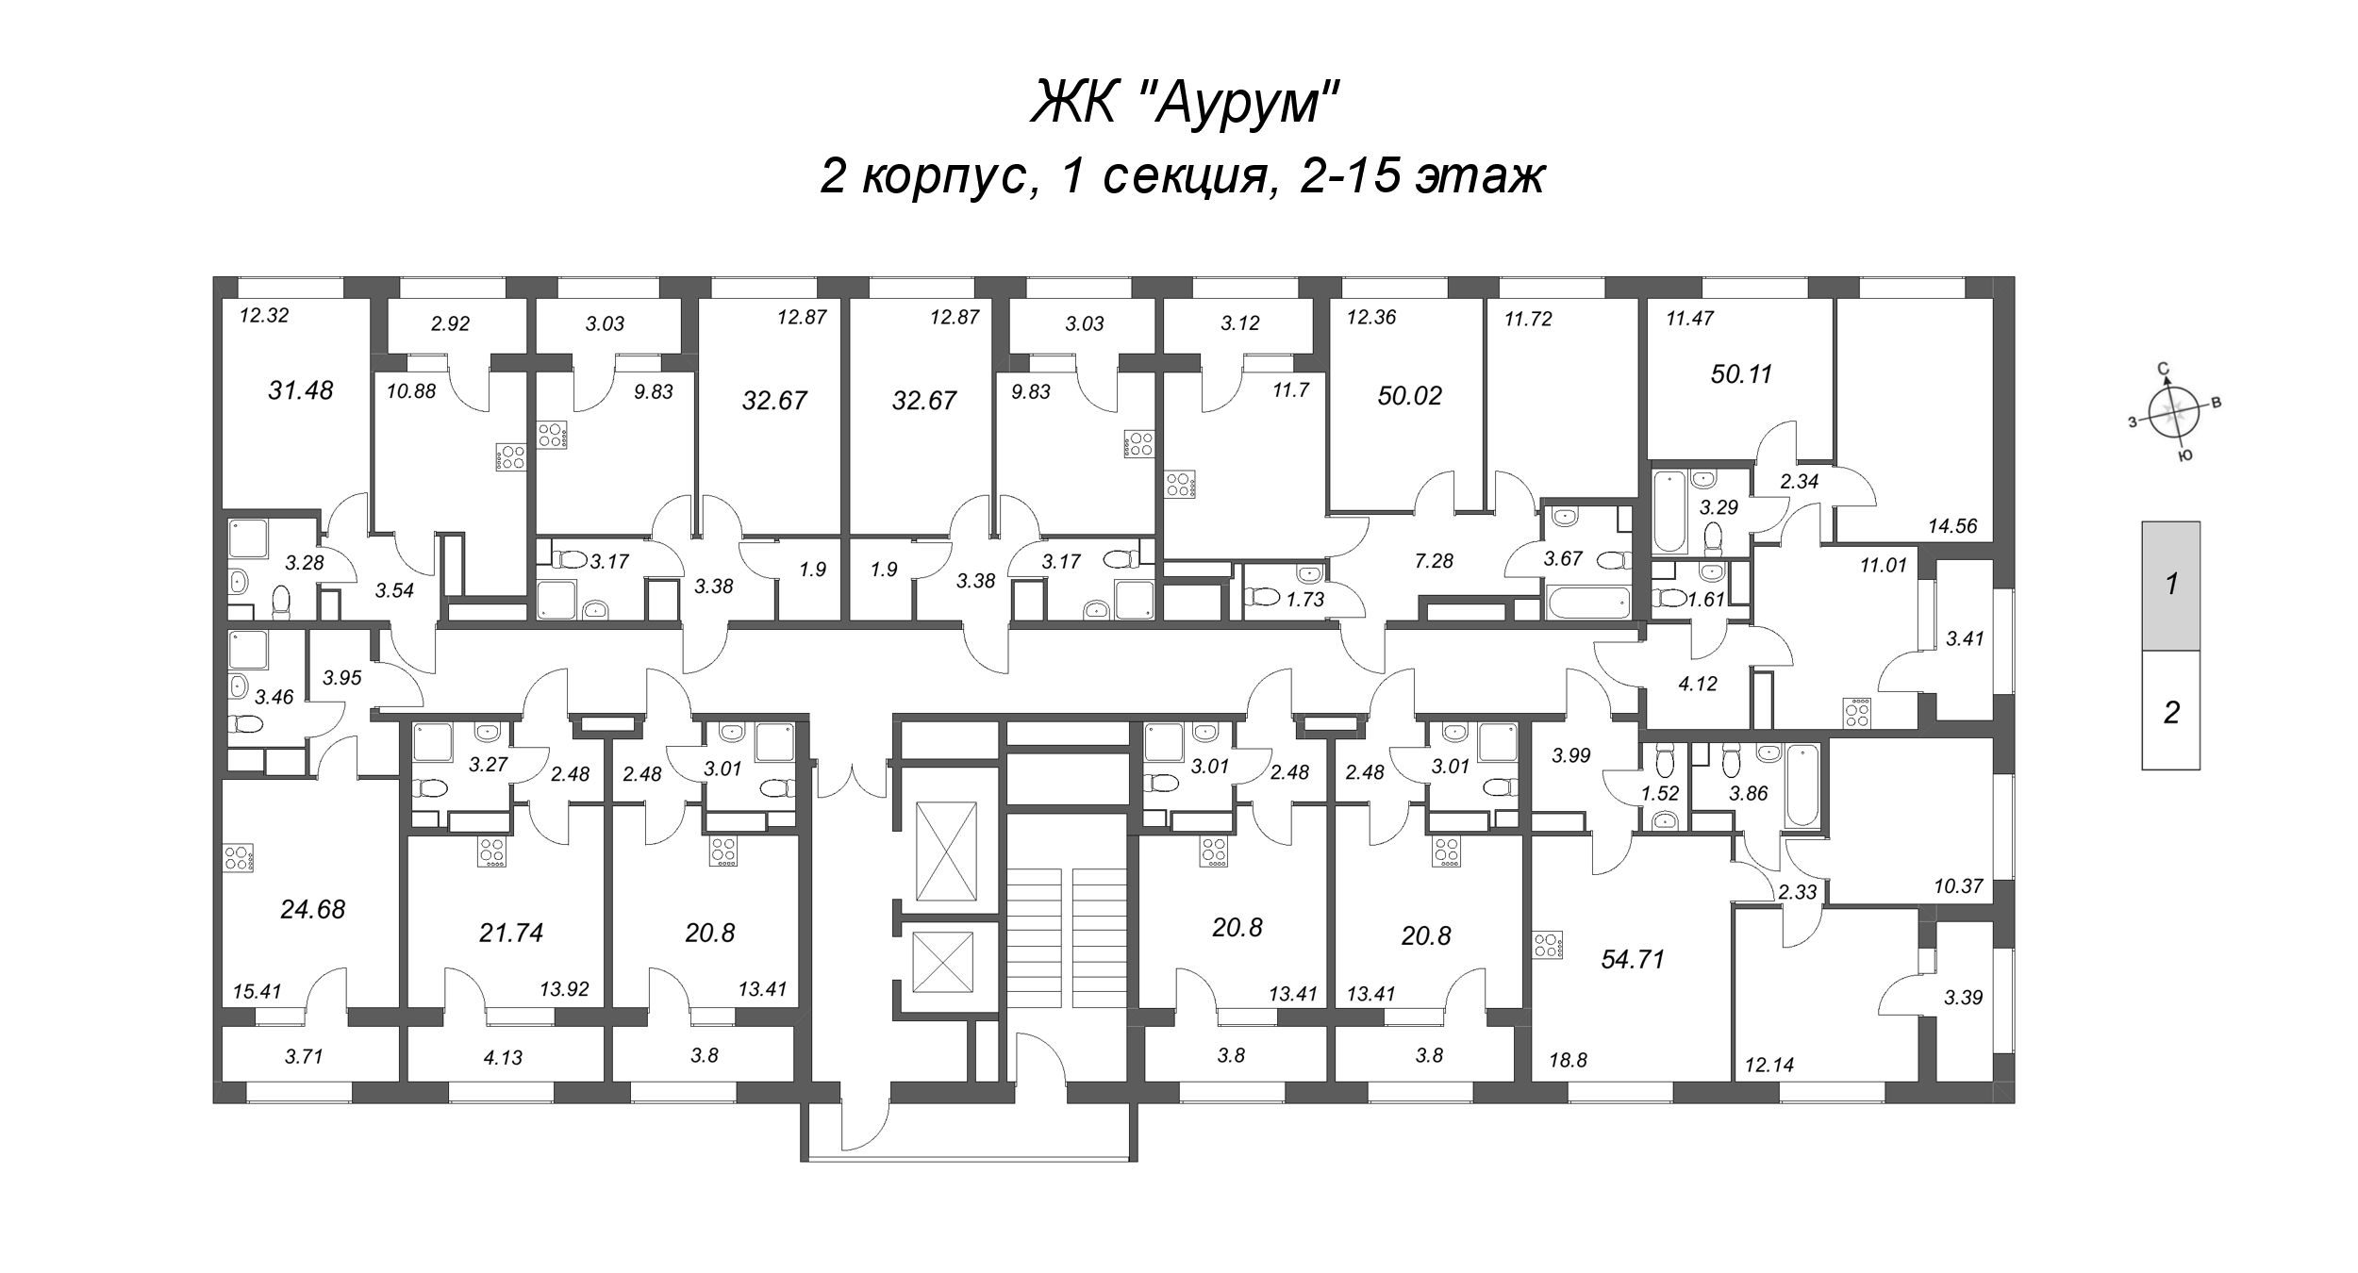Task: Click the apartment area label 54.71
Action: coord(1633,960)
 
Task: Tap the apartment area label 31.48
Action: coord(300,390)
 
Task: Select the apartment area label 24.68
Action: coord(312,909)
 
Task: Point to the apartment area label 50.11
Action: coord(1741,374)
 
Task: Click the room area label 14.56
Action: coord(1952,526)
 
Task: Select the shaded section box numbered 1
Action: coord(2170,586)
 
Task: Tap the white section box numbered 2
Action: coord(2170,712)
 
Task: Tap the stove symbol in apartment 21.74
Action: coord(491,851)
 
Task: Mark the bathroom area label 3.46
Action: coord(274,697)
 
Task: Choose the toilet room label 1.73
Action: coord(1305,599)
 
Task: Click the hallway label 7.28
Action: coord(1434,561)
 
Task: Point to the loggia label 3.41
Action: coord(1965,638)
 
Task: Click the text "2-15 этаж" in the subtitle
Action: coord(1421,175)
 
